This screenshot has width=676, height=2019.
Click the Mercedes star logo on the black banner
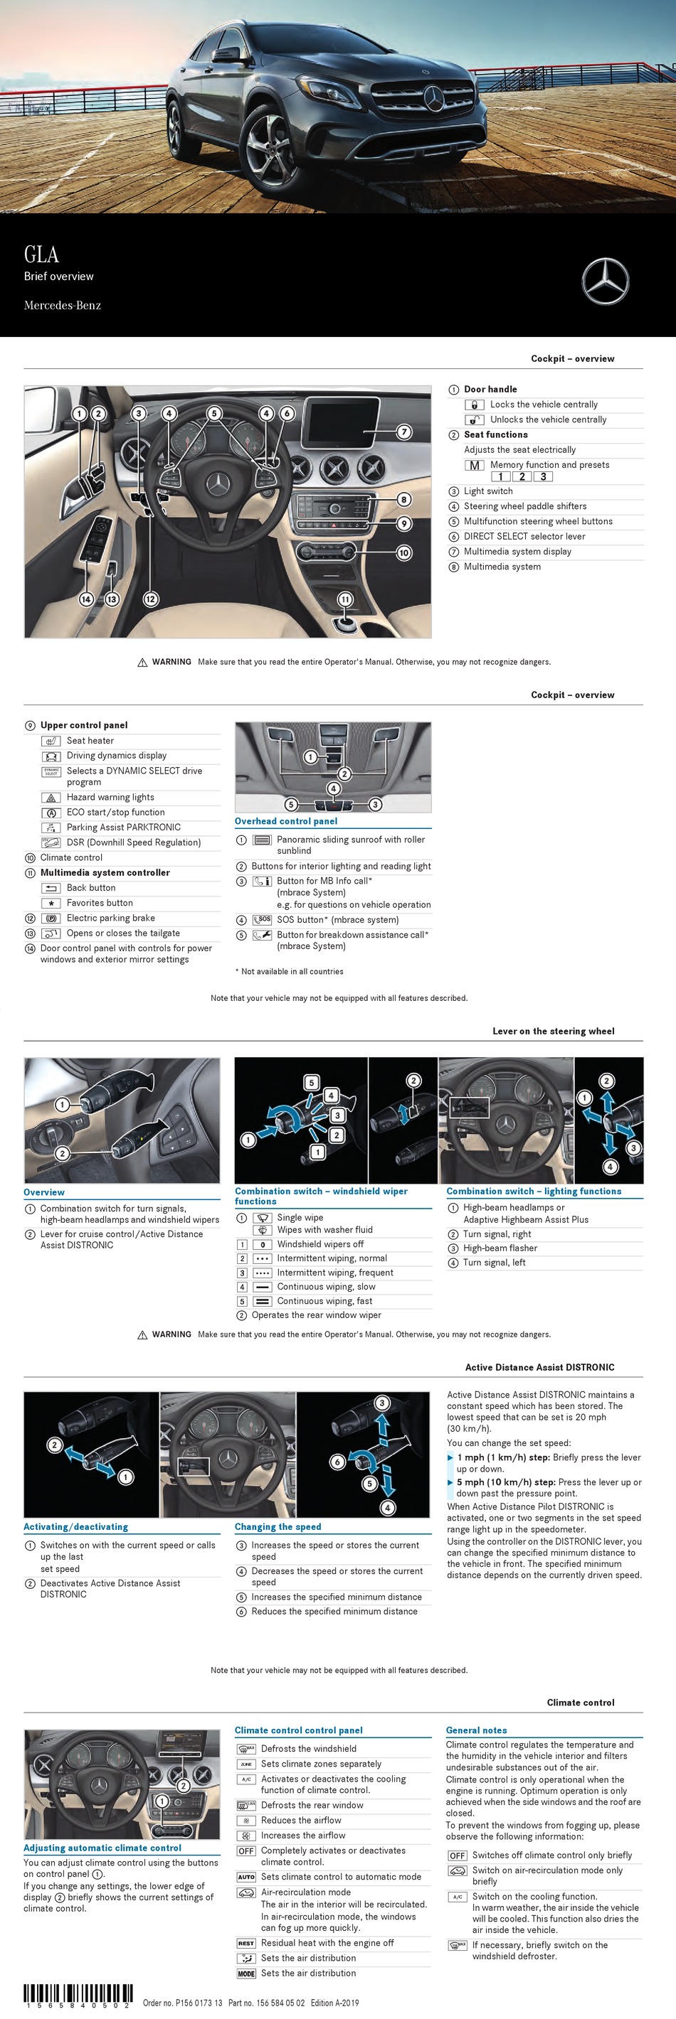[x=605, y=282]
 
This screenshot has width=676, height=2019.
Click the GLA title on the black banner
[x=41, y=255]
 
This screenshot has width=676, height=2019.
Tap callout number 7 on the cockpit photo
[x=404, y=432]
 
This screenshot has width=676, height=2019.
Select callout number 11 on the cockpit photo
[x=345, y=599]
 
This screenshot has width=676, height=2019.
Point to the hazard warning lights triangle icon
[x=51, y=797]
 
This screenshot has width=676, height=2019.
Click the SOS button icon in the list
[x=262, y=919]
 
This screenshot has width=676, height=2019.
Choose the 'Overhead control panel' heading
[x=286, y=821]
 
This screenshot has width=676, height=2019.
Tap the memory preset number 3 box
[x=543, y=476]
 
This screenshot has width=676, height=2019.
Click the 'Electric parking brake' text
[x=110, y=918]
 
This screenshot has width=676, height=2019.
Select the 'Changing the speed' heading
[x=278, y=1527]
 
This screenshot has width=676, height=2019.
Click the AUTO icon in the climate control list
[x=246, y=1877]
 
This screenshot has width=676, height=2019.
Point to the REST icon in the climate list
[x=246, y=1943]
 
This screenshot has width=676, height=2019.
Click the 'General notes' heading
[x=476, y=1730]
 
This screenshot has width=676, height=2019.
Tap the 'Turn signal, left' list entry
[x=494, y=1263]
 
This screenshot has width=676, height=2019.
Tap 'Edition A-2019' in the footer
[x=335, y=2003]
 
